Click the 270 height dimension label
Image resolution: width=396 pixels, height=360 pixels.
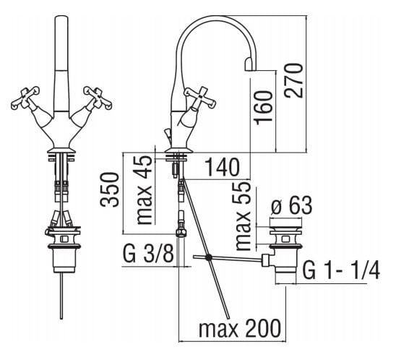click(293, 80)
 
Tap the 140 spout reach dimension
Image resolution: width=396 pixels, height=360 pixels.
click(223, 167)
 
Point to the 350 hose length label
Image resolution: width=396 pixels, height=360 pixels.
click(109, 189)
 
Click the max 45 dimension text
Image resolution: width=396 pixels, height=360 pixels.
click(144, 189)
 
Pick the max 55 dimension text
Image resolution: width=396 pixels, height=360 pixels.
click(244, 215)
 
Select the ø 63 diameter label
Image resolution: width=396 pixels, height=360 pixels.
click(291, 205)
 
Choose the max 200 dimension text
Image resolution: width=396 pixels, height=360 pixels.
click(240, 328)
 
